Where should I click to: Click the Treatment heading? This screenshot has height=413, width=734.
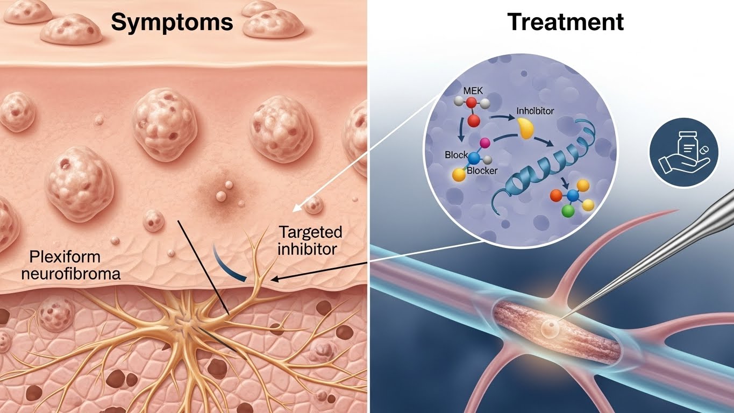(x=565, y=22)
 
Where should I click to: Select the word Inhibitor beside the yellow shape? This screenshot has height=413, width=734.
(x=535, y=111)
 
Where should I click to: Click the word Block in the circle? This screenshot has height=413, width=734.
(x=457, y=155)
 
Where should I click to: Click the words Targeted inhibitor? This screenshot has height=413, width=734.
(x=309, y=240)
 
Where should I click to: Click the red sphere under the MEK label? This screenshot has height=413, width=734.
(x=473, y=120)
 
